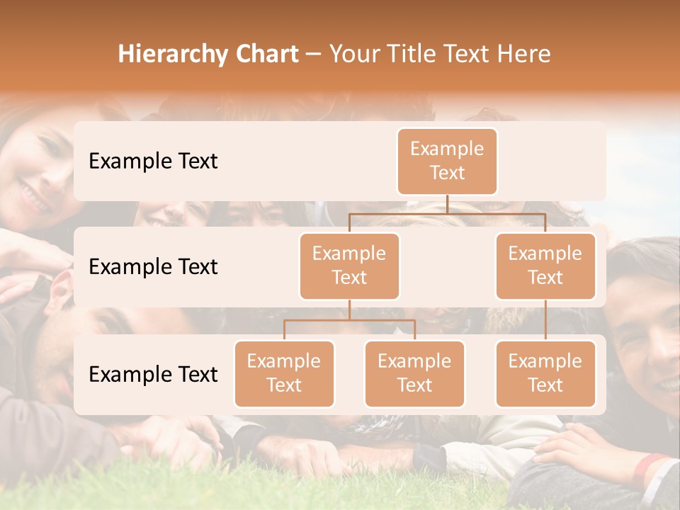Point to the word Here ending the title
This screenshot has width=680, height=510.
pyautogui.click(x=524, y=55)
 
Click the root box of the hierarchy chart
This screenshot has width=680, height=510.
pyautogui.click(x=447, y=161)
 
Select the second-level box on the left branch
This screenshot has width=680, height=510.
pyautogui.click(x=349, y=266)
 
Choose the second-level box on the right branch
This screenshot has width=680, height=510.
pyautogui.click(x=545, y=266)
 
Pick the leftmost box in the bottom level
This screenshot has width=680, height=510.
pyautogui.click(x=284, y=374)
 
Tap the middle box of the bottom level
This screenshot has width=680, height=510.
pyautogui.click(x=414, y=374)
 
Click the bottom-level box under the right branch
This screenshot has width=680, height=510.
pyautogui.click(x=545, y=374)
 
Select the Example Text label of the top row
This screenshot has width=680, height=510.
pyautogui.click(x=153, y=161)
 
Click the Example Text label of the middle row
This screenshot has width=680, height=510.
pyautogui.click(x=153, y=267)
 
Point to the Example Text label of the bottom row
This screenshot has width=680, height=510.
pyautogui.click(x=153, y=375)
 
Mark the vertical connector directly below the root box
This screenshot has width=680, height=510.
pyautogui.click(x=447, y=204)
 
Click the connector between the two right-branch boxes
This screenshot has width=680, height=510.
pyautogui.click(x=545, y=320)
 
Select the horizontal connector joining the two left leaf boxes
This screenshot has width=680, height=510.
pyautogui.click(x=349, y=320)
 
